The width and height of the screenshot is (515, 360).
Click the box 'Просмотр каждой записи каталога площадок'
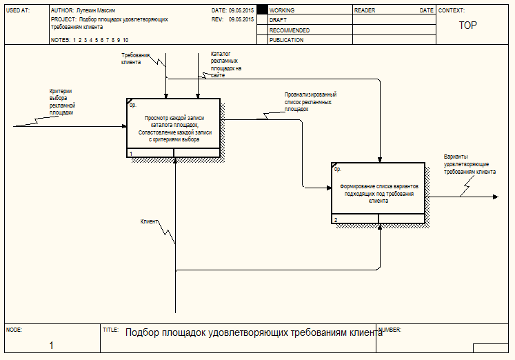[174, 128]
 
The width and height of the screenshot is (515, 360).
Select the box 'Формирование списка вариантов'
[378, 193]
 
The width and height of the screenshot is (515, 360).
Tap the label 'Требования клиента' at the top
[135, 58]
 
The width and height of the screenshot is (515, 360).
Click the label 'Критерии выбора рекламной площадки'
[61, 101]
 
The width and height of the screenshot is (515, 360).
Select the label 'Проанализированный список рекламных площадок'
[310, 102]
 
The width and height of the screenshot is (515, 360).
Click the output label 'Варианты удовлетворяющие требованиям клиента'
[470, 164]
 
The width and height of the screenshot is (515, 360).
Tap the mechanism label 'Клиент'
[149, 221]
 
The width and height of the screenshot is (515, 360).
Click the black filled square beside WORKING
[262, 11]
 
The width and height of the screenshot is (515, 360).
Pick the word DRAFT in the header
[278, 21]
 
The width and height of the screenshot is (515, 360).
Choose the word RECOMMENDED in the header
[290, 30]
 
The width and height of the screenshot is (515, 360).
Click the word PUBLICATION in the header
[286, 40]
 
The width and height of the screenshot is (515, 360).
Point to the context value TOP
[468, 26]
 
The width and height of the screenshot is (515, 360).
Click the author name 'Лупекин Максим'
[96, 11]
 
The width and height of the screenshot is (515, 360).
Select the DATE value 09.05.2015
[241, 11]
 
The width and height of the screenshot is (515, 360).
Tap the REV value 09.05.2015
[241, 20]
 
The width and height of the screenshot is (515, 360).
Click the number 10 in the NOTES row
[125, 40]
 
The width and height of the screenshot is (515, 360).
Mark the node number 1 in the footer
[52, 345]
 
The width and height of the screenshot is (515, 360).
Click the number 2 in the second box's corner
[336, 220]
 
